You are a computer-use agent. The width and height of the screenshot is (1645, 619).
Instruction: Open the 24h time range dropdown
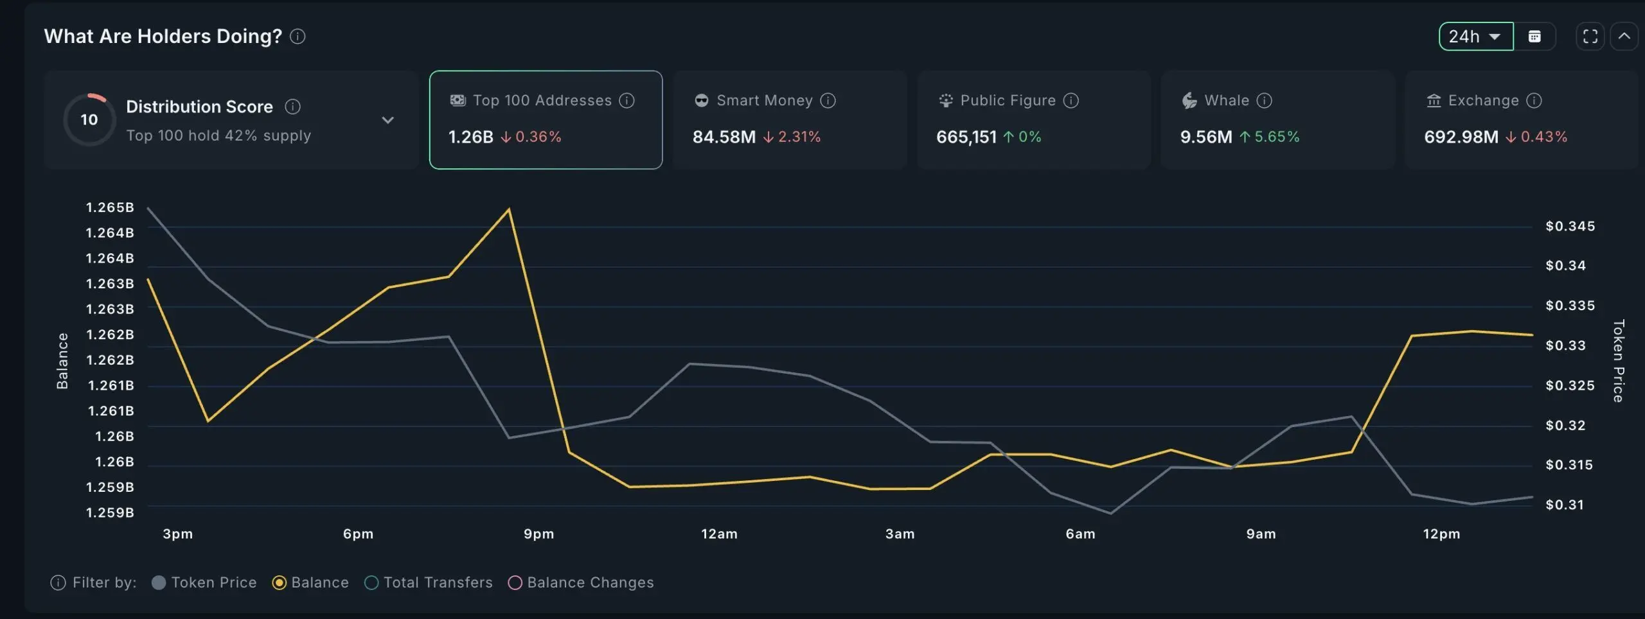tap(1475, 37)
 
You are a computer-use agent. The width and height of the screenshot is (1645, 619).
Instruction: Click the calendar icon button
tap(1534, 37)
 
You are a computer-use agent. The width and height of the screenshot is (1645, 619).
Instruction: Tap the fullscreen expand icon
tap(1590, 37)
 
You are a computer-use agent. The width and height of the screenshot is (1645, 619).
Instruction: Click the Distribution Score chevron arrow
tap(387, 120)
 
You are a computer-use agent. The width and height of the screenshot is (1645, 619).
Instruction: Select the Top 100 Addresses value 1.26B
tap(470, 137)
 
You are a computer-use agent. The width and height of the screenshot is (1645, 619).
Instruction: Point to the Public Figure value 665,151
tap(966, 137)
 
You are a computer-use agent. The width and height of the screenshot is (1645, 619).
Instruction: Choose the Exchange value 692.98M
tap(1461, 137)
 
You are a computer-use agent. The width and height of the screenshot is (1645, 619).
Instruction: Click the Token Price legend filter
tap(204, 582)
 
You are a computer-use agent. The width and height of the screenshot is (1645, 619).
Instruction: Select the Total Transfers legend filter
tap(429, 582)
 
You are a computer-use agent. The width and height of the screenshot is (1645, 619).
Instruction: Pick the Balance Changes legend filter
tap(581, 582)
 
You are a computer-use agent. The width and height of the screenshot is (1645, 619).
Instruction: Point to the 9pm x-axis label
tap(538, 534)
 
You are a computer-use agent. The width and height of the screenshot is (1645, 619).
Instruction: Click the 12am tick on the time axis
tap(719, 534)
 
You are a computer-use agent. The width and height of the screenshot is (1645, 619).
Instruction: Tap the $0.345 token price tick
tap(1570, 226)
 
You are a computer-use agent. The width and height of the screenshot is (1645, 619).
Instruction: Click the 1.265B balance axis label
tap(110, 207)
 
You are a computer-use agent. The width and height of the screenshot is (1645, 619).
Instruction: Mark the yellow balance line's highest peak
tap(509, 209)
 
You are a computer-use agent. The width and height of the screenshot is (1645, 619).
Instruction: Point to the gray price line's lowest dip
tap(1110, 513)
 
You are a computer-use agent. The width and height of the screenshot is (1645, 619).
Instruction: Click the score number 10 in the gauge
tap(89, 119)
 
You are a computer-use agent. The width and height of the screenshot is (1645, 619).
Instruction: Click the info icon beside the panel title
tap(298, 37)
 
